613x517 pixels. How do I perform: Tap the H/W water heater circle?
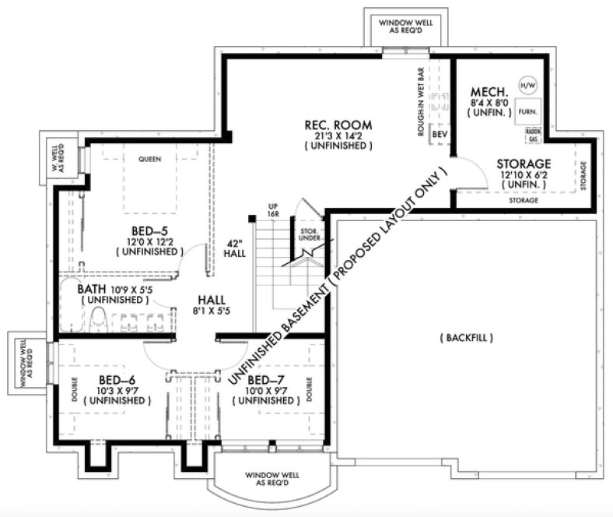(527, 85)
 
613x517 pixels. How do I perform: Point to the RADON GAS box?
(532, 134)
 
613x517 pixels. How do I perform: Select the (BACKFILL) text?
(467, 338)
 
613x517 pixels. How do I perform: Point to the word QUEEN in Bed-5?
(149, 160)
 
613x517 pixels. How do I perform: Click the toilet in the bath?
(99, 318)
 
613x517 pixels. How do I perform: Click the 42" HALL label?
(234, 248)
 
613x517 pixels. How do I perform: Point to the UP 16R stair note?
(273, 210)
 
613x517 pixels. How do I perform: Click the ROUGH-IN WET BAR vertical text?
(421, 102)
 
